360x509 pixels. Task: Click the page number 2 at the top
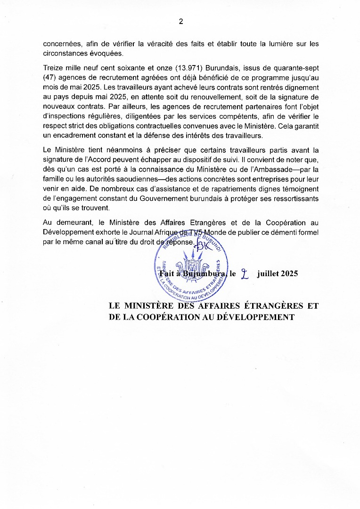coord(180,21)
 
